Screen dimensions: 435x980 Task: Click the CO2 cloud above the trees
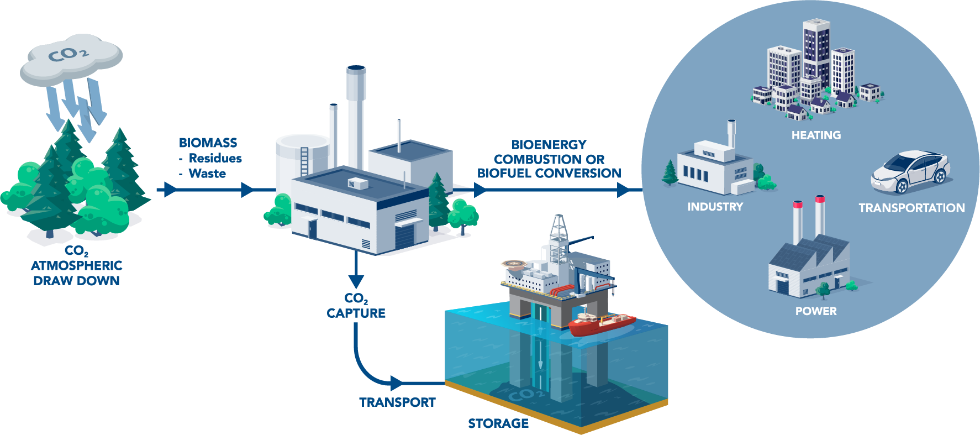pyautogui.click(x=71, y=58)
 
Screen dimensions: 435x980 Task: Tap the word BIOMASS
pyautogui.click(x=208, y=143)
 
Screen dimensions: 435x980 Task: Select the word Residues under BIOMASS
pyautogui.click(x=215, y=158)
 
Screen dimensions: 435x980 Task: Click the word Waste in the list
pyautogui.click(x=207, y=174)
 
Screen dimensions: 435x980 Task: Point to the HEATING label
pyautogui.click(x=816, y=135)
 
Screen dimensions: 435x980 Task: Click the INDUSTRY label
pyautogui.click(x=715, y=207)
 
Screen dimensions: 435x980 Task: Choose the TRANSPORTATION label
pyautogui.click(x=911, y=208)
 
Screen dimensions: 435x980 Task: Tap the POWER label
pyautogui.click(x=816, y=311)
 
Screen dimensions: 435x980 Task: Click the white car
pyautogui.click(x=910, y=172)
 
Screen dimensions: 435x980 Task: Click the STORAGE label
pyautogui.click(x=498, y=423)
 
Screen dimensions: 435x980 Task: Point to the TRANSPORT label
pyautogui.click(x=397, y=402)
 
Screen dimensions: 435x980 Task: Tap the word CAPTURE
pyautogui.click(x=356, y=313)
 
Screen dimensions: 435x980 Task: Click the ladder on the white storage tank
pyautogui.click(x=304, y=160)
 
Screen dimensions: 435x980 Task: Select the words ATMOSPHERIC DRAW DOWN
pyautogui.click(x=76, y=273)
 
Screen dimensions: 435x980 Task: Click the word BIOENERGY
pyautogui.click(x=549, y=145)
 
